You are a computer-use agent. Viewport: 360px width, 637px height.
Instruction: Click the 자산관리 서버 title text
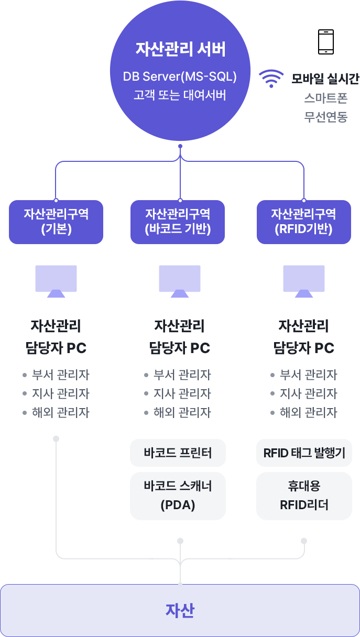pyautogui.click(x=180, y=50)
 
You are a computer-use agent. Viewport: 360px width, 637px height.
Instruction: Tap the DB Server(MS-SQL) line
pyautogui.click(x=180, y=76)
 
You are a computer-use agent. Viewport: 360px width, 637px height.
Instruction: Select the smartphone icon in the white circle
pyautogui.click(x=325, y=42)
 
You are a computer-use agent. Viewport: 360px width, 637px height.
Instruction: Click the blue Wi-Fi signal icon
pyautogui.click(x=271, y=79)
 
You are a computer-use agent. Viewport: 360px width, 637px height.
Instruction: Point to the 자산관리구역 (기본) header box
pyautogui.click(x=56, y=222)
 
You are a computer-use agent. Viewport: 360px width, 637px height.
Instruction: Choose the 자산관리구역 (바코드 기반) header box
pyautogui.click(x=178, y=222)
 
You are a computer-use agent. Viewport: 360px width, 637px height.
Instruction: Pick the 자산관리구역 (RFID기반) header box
pyautogui.click(x=303, y=222)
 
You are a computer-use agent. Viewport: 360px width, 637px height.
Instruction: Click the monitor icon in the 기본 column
pyautogui.click(x=56, y=281)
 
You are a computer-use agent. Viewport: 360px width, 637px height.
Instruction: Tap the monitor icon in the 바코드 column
pyautogui.click(x=180, y=281)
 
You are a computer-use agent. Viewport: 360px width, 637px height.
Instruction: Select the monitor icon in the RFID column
pyautogui.click(x=304, y=281)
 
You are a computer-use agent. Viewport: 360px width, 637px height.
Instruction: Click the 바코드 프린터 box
pyautogui.click(x=178, y=453)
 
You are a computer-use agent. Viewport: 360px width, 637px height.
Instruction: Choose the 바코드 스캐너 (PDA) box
pyautogui.click(x=178, y=496)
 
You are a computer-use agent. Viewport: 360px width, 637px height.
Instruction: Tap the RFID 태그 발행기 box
pyautogui.click(x=304, y=453)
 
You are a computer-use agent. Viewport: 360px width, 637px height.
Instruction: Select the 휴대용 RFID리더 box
pyautogui.click(x=304, y=496)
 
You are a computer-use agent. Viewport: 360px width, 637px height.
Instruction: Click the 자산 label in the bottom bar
pyautogui.click(x=180, y=611)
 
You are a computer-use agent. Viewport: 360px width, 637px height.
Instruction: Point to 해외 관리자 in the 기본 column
pyautogui.click(x=60, y=413)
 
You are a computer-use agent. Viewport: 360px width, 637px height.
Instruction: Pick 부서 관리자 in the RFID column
pyautogui.click(x=308, y=375)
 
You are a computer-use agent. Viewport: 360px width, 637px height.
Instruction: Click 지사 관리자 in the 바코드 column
pyautogui.click(x=182, y=394)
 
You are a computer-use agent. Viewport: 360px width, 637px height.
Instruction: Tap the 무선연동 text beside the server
pyautogui.click(x=325, y=116)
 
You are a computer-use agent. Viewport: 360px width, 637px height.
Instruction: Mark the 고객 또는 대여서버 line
pyautogui.click(x=180, y=96)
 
